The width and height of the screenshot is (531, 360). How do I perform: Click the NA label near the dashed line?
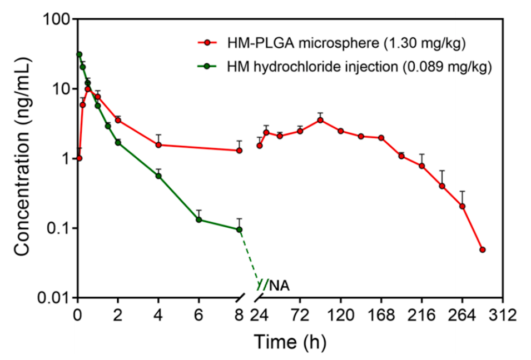(280, 286)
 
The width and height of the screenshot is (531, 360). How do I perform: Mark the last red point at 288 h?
(483, 250)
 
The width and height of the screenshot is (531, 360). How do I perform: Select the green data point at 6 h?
(199, 219)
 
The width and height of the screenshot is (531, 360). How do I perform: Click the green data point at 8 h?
(240, 229)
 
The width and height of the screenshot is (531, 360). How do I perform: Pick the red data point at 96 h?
(320, 120)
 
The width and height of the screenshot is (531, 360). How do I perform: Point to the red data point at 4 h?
(158, 145)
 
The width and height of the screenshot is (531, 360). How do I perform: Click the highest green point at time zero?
(79, 54)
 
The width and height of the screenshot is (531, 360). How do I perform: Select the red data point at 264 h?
(462, 206)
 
